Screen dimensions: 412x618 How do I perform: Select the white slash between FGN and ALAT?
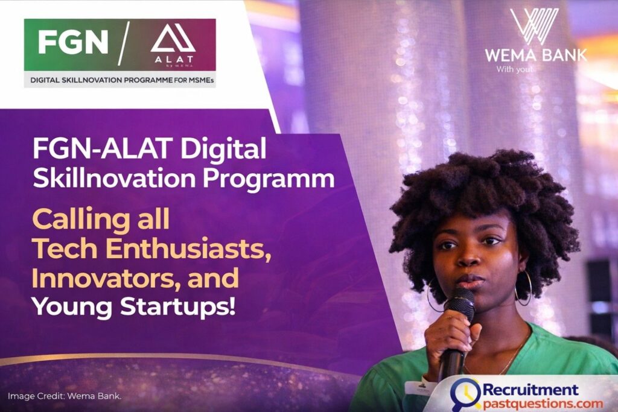pos(124,43)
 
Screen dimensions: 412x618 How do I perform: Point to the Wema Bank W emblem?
pos(535,27)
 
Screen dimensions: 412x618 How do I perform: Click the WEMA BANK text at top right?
pos(535,55)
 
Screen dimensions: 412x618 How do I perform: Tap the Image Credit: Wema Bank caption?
pos(64,396)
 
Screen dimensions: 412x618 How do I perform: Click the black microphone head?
pos(460,301)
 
